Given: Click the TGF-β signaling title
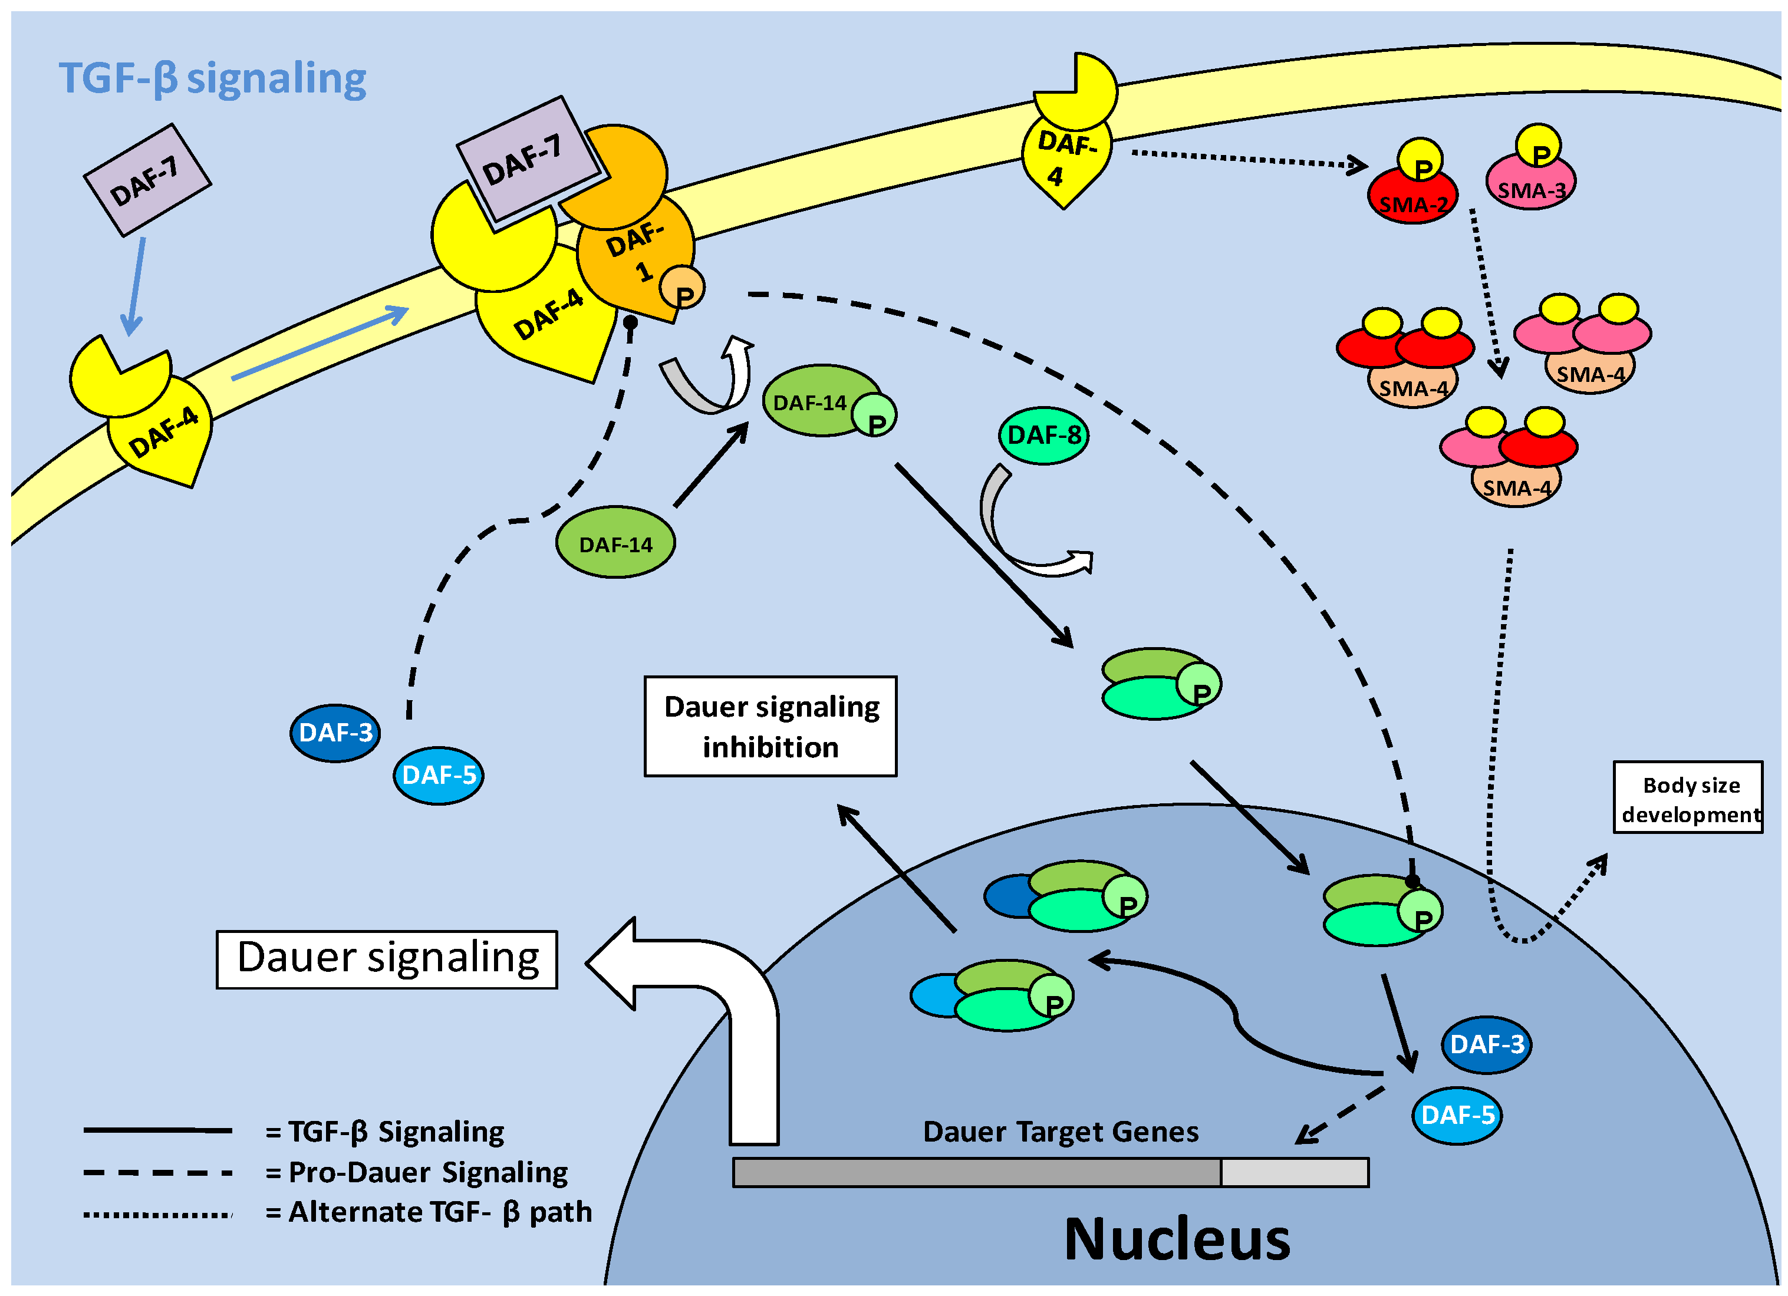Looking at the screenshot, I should [212, 79].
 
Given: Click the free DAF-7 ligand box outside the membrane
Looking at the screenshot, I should [147, 180].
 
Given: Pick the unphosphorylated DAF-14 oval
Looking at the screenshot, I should [615, 543].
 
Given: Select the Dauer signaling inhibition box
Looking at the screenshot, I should [770, 726].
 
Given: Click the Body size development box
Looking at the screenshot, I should [1687, 798].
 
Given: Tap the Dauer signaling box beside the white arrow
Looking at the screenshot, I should [387, 959].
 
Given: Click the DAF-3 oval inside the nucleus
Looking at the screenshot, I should [1486, 1044].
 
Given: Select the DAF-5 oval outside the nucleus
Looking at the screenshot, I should [439, 775].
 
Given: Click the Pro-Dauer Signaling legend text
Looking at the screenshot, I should [427, 1172].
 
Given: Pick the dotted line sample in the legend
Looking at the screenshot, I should [157, 1215].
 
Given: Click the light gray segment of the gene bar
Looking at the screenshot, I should [1294, 1172].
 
